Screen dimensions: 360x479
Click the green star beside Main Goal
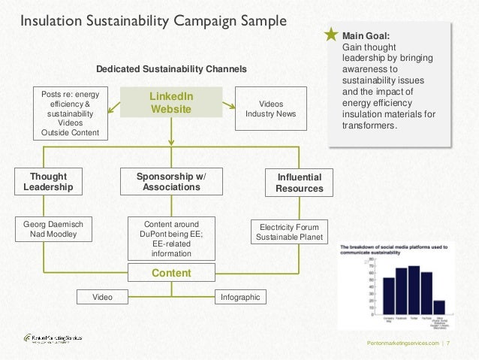coord(331,35)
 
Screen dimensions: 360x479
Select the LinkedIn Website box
coord(171,103)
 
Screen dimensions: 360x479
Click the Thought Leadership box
coord(47,182)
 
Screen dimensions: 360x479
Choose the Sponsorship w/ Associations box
coord(171,182)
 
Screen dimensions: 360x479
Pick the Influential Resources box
coord(299,183)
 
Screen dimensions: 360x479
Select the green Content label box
coord(171,274)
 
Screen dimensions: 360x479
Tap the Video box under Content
coord(102,298)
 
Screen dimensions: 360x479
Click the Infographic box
coord(240,298)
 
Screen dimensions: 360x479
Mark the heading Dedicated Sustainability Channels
coord(171,68)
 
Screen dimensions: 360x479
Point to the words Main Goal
coord(366,35)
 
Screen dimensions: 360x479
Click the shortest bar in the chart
coord(439,307)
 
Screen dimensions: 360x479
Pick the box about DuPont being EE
coord(171,238)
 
